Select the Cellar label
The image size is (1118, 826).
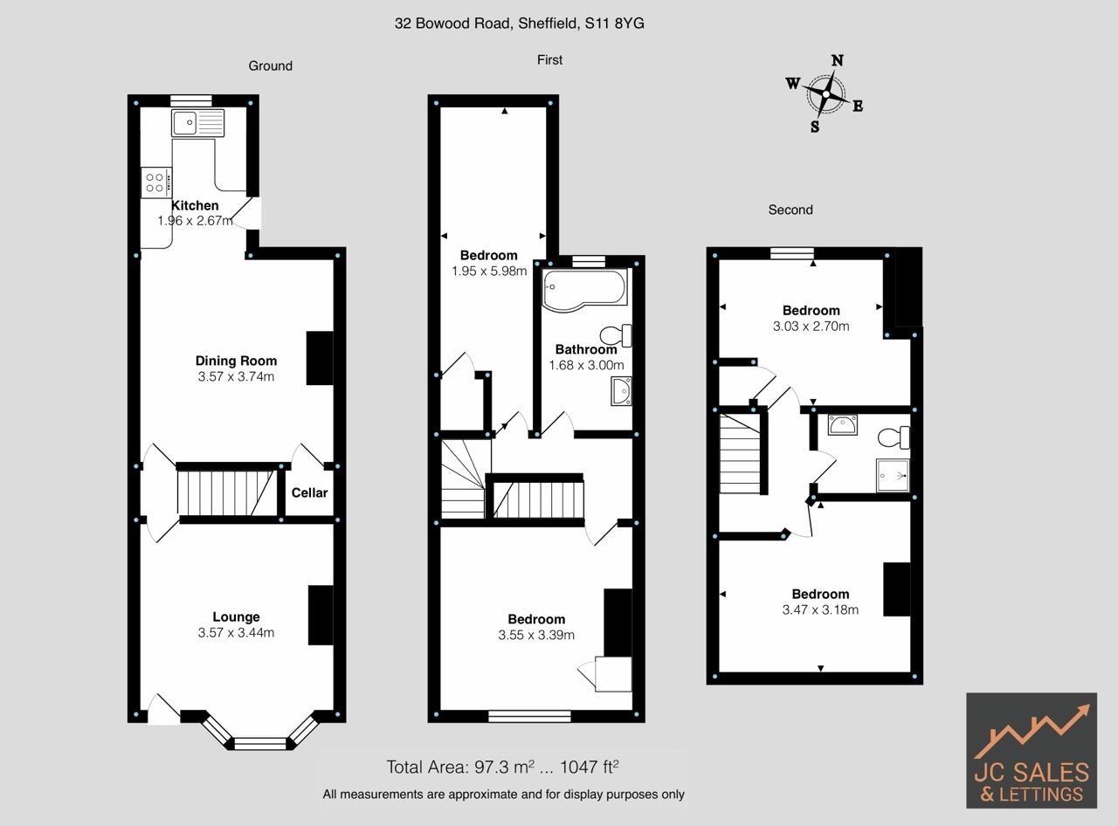tap(309, 492)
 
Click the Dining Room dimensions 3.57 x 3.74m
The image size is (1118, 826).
tap(236, 377)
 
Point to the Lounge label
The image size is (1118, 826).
tap(236, 616)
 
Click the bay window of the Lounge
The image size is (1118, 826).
tap(259, 743)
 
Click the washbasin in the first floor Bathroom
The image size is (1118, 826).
tap(621, 391)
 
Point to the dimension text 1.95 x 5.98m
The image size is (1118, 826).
tap(489, 271)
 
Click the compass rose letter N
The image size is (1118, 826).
tap(837, 60)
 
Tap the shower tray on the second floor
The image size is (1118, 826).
tap(892, 475)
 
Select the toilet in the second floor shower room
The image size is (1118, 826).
tap(895, 437)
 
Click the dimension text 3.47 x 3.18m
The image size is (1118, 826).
tap(820, 609)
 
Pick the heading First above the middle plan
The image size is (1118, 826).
tap(549, 59)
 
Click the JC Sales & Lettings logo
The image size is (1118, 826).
tap(1032, 751)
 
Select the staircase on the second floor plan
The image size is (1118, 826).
tap(739, 454)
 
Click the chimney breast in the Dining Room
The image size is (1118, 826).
tap(320, 358)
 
